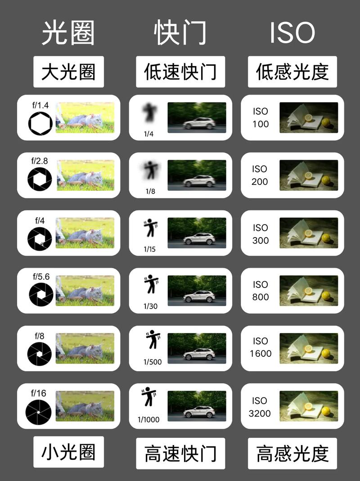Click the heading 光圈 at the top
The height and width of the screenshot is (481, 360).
click(68, 33)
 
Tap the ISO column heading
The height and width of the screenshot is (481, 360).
click(292, 33)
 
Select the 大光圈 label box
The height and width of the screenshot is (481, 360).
click(68, 72)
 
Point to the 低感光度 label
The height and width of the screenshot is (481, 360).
click(292, 72)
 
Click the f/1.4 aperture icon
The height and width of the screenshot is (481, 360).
click(40, 124)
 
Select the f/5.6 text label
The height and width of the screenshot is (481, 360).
click(40, 276)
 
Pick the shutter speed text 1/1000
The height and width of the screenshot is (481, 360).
click(148, 420)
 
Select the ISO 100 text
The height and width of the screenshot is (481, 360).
click(261, 117)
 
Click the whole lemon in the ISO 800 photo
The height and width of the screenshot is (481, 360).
click(326, 296)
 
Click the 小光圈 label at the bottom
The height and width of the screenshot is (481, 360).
click(68, 452)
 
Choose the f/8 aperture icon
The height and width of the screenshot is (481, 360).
click(39, 354)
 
